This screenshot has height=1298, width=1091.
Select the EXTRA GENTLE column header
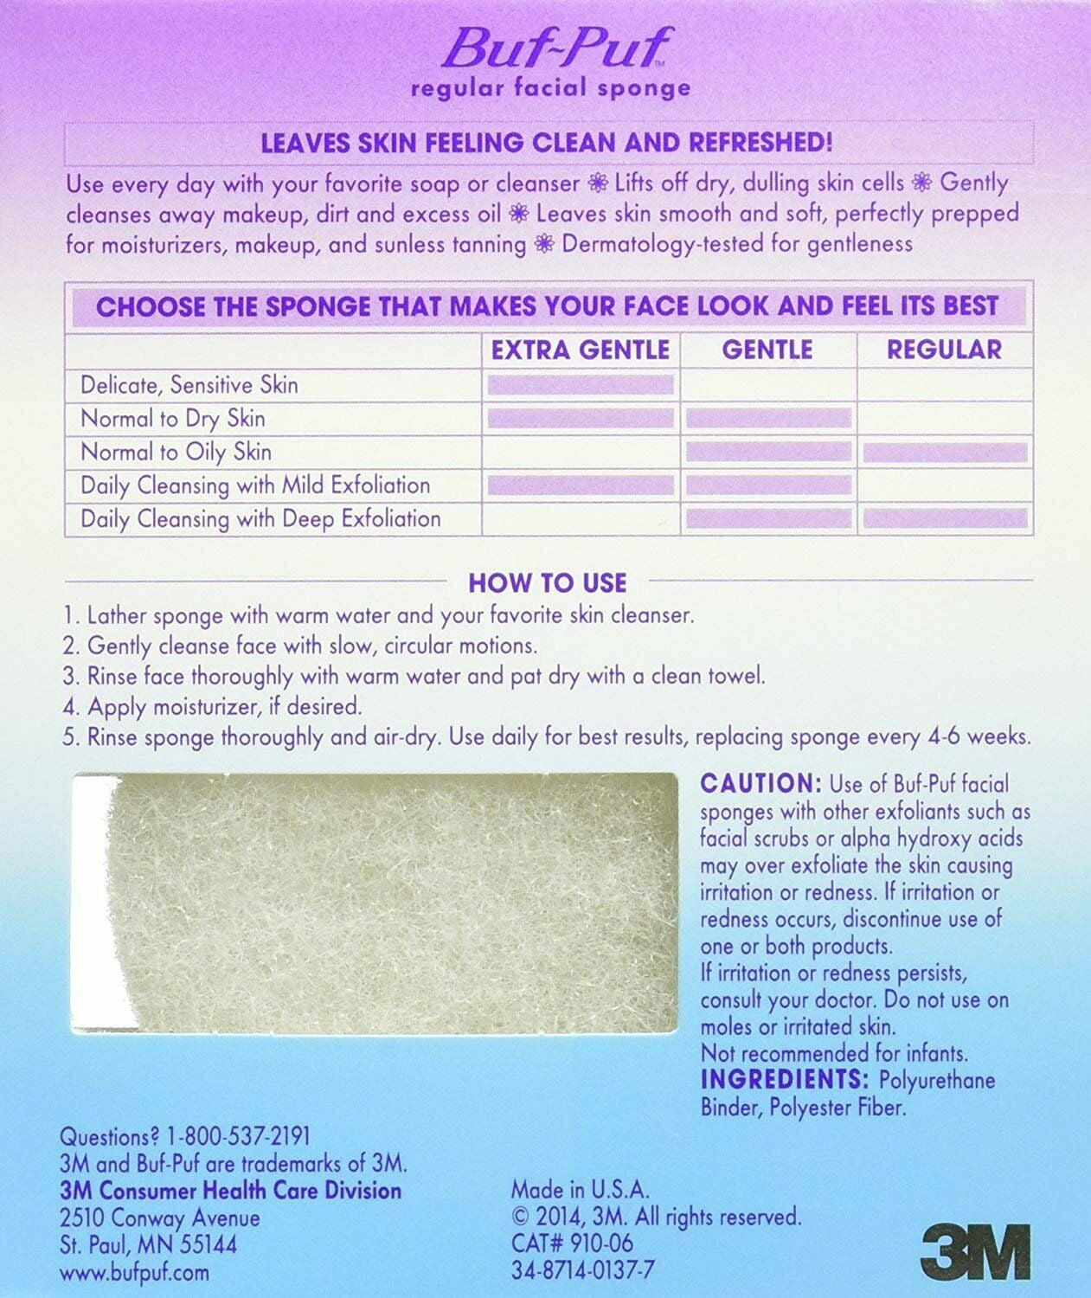tap(581, 350)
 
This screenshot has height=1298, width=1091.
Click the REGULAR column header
tap(944, 350)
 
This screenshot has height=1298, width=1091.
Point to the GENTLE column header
tap(767, 350)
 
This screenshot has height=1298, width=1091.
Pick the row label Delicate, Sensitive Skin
tap(189, 384)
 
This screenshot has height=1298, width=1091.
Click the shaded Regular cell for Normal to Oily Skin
tap(945, 452)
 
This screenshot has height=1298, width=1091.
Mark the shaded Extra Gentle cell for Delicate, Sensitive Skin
tap(581, 385)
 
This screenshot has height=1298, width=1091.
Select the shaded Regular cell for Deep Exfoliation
tap(945, 518)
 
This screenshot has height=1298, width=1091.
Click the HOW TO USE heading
tap(547, 582)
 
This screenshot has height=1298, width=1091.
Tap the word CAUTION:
tap(760, 784)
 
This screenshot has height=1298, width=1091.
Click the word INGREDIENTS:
tap(785, 1080)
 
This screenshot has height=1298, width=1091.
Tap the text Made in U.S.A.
tap(580, 1189)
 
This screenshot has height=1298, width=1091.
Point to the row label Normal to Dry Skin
tap(172, 418)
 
